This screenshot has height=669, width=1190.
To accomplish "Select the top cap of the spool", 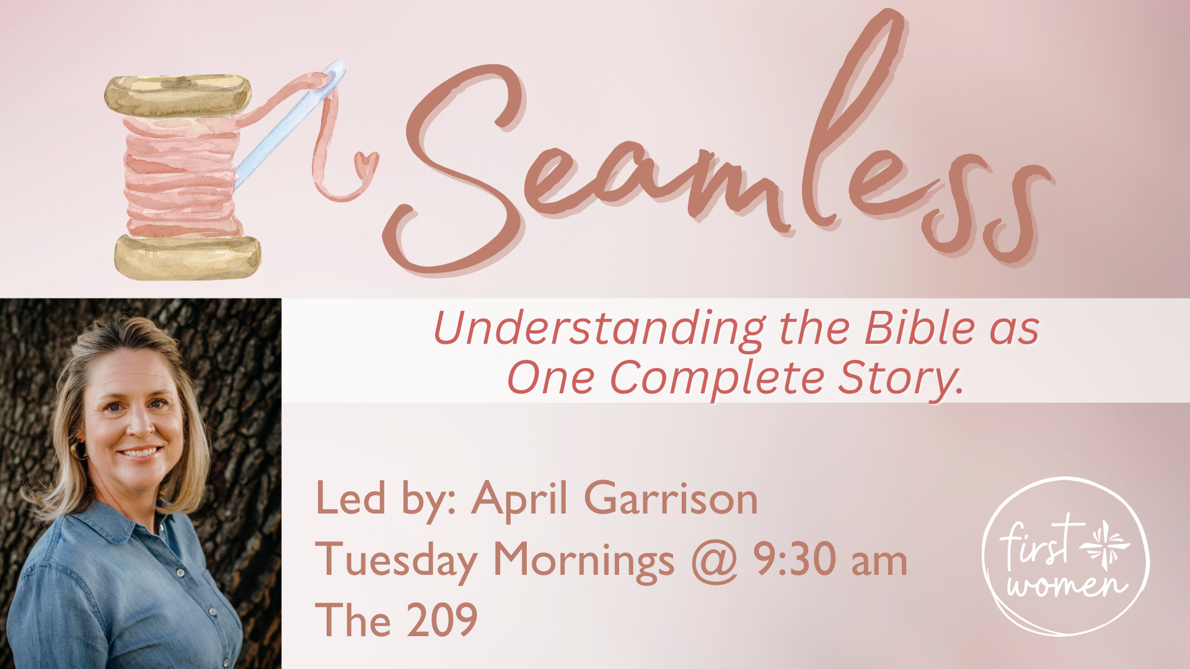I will pyautogui.click(x=178, y=94).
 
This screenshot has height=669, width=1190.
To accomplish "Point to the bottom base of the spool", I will pyautogui.click(x=187, y=256).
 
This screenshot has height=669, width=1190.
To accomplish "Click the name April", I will pyautogui.click(x=519, y=499).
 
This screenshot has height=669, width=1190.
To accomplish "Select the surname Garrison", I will pyautogui.click(x=671, y=499).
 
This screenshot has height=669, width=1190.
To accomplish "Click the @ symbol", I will pyautogui.click(x=715, y=561).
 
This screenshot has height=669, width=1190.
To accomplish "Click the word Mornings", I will pyautogui.click(x=583, y=561).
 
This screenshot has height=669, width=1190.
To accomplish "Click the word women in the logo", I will pyautogui.click(x=1065, y=585).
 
